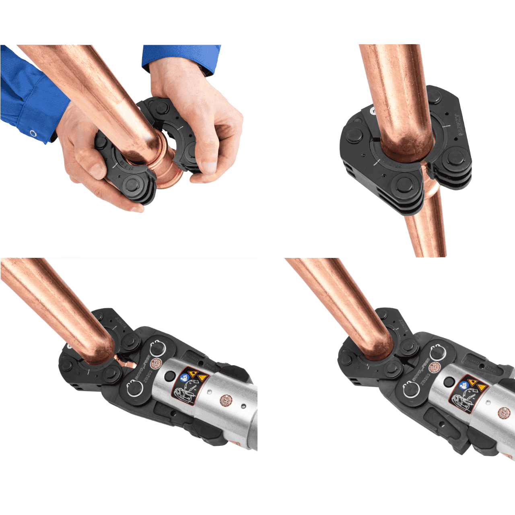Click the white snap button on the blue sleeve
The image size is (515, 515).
pos(33,133)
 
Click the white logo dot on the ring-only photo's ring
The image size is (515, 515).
pos(373,110)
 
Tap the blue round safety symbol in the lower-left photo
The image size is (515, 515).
pos(185,377)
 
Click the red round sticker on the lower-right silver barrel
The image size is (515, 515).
pos(504,413)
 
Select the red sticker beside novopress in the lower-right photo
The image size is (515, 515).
pos(433,367)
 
